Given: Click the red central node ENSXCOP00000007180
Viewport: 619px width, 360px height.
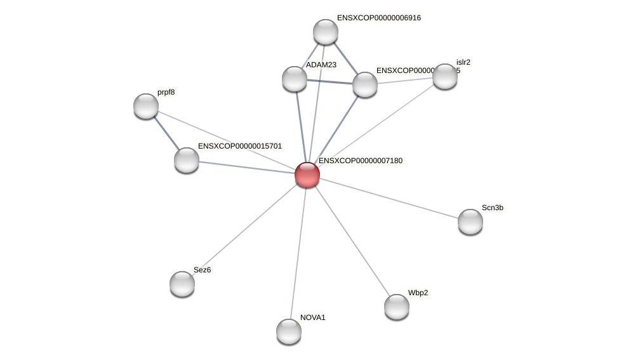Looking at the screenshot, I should (x=307, y=175).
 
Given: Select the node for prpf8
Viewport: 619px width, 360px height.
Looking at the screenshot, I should (x=146, y=106).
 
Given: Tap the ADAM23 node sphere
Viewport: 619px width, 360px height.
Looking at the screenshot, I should (x=295, y=79).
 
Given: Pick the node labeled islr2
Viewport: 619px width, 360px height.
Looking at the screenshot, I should (x=445, y=76).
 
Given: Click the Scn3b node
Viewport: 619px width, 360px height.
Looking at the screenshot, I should (x=470, y=222).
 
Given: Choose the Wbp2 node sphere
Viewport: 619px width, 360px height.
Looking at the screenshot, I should (x=397, y=307).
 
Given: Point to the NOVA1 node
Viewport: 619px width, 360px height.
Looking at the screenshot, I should (x=289, y=331).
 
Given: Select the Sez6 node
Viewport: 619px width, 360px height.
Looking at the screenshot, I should (x=182, y=284).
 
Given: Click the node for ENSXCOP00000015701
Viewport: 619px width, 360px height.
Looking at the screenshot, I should (x=187, y=160).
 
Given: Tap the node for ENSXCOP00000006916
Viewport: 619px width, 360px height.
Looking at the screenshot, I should (x=326, y=32).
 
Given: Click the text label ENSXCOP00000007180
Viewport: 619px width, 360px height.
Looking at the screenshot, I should (x=361, y=161).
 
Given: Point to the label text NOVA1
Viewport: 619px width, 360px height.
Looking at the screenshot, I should (x=313, y=317).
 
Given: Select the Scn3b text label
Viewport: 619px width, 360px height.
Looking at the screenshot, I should (x=493, y=208).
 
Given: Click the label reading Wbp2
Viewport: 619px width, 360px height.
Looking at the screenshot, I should (x=418, y=293).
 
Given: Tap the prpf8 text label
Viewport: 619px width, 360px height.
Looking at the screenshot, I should (x=166, y=92).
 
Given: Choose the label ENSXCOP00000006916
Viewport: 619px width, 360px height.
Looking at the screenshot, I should (x=379, y=18).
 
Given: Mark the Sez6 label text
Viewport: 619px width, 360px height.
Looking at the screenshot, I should (x=203, y=270).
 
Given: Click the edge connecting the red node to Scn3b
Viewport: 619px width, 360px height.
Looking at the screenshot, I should (x=389, y=198).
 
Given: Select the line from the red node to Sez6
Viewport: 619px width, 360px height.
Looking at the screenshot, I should (x=245, y=229).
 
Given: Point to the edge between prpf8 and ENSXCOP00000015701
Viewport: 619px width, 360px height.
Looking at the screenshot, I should (x=166, y=133).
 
